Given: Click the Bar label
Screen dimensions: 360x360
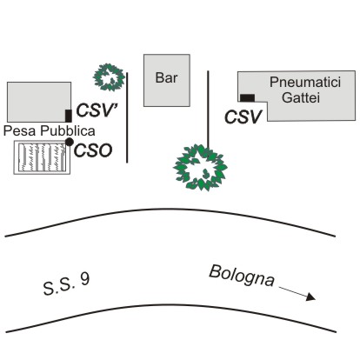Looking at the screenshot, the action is [166, 77].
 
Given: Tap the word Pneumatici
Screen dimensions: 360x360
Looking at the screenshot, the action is [305, 82].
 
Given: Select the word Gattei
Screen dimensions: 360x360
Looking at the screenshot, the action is [301, 97].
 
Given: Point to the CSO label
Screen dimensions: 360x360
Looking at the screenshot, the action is [93, 150].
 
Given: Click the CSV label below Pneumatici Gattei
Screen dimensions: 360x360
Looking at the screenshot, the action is [243, 117].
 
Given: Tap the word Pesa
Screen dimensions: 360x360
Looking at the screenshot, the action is [19, 130].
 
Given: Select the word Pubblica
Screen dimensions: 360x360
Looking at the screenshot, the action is [68, 130].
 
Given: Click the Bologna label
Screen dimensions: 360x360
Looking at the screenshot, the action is [242, 276].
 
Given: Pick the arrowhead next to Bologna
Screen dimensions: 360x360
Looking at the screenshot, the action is [311, 297].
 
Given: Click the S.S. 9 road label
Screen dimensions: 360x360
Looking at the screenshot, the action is [66, 284].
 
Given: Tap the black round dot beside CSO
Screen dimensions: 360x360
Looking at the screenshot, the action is [70, 142].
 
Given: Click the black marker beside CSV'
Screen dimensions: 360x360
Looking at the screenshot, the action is [69, 116].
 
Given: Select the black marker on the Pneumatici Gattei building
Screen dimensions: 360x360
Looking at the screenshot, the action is [247, 98].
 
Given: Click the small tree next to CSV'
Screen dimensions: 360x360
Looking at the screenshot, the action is [109, 77].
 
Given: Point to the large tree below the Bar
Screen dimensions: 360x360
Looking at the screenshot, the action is [200, 168].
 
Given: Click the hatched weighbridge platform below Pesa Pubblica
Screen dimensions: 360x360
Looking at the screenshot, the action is [43, 157].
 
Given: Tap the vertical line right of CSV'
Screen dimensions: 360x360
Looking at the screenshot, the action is [127, 117].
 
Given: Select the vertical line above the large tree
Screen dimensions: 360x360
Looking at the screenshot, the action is [208, 110].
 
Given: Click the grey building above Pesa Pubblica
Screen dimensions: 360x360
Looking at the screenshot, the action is [39, 102].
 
